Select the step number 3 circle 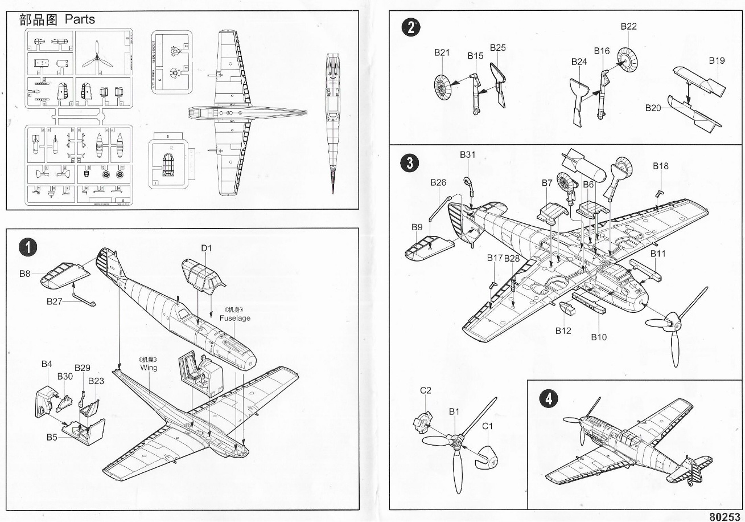pos(410,164)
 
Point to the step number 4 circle pos(548,398)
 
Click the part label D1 pos(206,248)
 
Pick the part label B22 pos(628,26)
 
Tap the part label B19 pos(717,60)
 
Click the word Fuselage pos(235,318)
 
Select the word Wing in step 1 pos(149,368)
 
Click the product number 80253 pos(726,516)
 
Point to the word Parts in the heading pos(80,19)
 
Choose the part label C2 pos(426,390)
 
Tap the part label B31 pos(467,154)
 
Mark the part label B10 pos(599,337)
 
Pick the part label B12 pos(563,331)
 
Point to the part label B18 pos(660,166)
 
